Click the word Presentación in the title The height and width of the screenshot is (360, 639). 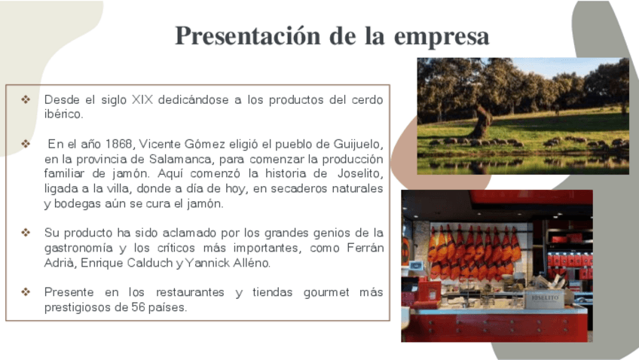pyautogui.click(x=248, y=36)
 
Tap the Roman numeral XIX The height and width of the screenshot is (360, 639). pyautogui.click(x=142, y=99)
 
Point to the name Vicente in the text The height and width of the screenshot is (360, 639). pyautogui.click(x=161, y=144)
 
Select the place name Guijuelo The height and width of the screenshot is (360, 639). pyautogui.click(x=358, y=144)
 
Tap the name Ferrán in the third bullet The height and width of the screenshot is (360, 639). pyautogui.click(x=365, y=248)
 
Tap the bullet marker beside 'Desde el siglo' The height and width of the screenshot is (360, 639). pyautogui.click(x=26, y=99)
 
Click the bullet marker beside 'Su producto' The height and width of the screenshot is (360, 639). pyautogui.click(x=26, y=233)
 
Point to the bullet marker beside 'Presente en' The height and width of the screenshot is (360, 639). pyautogui.click(x=26, y=292)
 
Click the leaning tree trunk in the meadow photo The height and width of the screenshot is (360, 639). pyautogui.click(x=482, y=122)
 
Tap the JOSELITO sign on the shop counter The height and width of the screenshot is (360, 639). pyautogui.click(x=545, y=299)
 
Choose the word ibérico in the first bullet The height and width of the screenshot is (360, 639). pyautogui.click(x=63, y=114)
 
